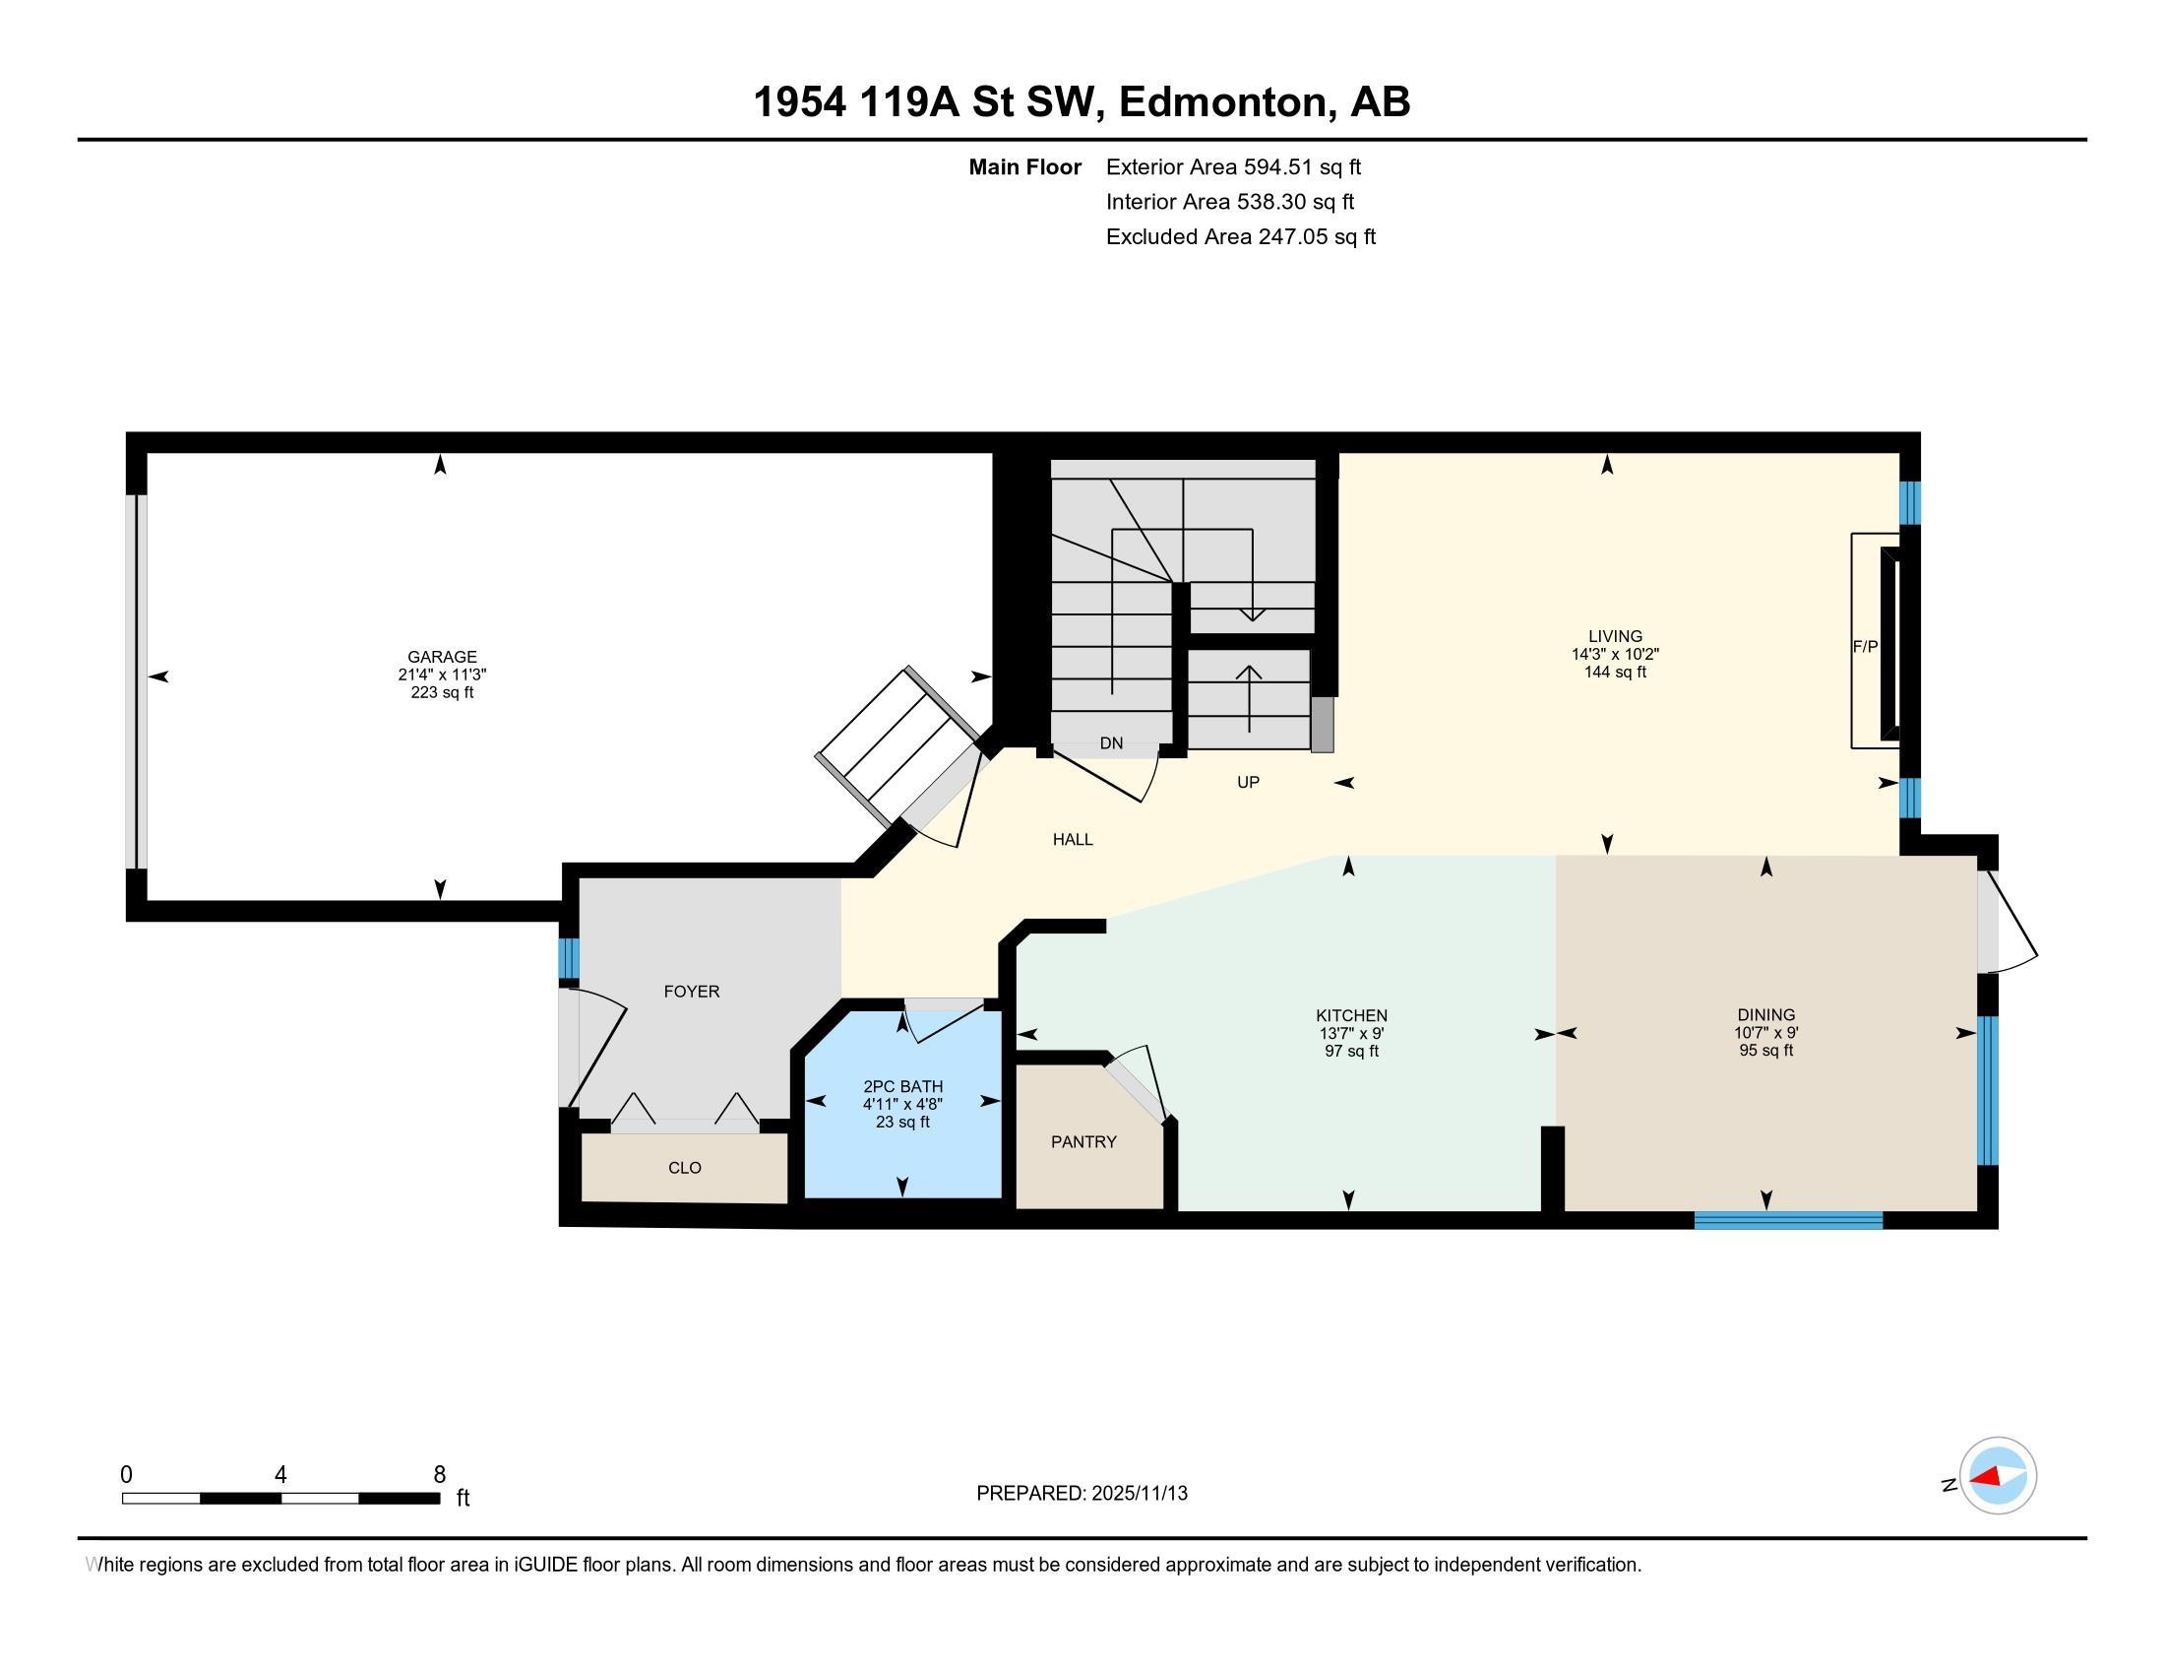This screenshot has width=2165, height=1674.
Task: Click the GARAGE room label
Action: [x=442, y=657]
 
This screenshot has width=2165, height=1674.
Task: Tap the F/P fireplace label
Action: [x=1865, y=647]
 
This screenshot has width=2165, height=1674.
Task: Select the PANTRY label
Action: [x=1083, y=1141]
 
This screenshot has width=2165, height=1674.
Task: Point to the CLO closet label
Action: [x=685, y=1167]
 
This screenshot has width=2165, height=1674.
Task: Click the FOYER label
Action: [x=692, y=991]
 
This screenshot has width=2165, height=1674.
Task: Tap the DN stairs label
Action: [x=1111, y=742]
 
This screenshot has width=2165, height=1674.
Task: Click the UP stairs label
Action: [x=1248, y=782]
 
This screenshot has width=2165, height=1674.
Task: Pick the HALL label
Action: [x=1073, y=839]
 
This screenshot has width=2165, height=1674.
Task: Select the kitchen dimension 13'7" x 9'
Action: [x=1351, y=1033]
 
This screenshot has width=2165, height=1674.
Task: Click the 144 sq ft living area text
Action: [x=1615, y=672]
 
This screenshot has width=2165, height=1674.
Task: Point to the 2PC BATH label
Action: [x=903, y=1086]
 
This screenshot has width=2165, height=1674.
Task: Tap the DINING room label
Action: [x=1766, y=1014]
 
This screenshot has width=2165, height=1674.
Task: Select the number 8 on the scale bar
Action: [x=439, y=1475]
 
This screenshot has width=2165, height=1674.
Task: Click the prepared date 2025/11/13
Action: [x=1138, y=1493]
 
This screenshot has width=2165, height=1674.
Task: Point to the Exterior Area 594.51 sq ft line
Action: [x=1233, y=166]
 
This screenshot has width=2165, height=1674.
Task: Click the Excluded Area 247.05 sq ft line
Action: [x=1241, y=236]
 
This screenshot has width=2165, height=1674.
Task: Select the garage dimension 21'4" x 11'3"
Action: [x=442, y=675]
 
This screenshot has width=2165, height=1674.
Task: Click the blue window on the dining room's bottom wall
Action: [x=1788, y=1220]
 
